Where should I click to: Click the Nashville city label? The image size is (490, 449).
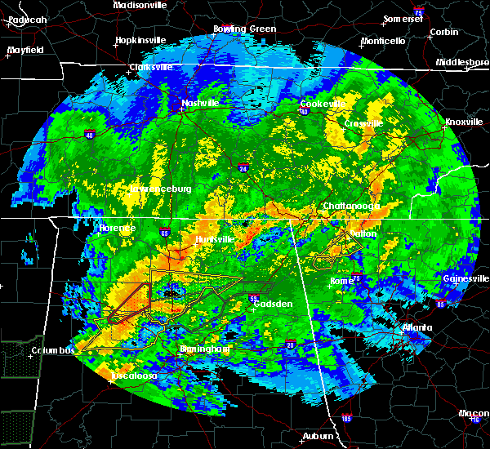pos(200,103)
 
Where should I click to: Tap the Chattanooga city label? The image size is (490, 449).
pos(352,207)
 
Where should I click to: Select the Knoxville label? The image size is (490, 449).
pos(465,122)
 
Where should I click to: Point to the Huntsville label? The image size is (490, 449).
pos(215,239)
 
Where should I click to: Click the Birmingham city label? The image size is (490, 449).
pos(204,349)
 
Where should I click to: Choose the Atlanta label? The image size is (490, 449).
pos(418,328)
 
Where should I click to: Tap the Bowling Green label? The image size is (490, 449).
pos(245,29)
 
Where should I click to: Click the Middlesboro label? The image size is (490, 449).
pos(461,62)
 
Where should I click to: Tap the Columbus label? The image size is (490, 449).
pos(53,350)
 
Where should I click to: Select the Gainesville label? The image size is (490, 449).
pos(465,278)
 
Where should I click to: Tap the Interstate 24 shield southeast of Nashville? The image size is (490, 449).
pos(244,169)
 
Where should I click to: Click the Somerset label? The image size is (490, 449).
pos(406,18)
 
